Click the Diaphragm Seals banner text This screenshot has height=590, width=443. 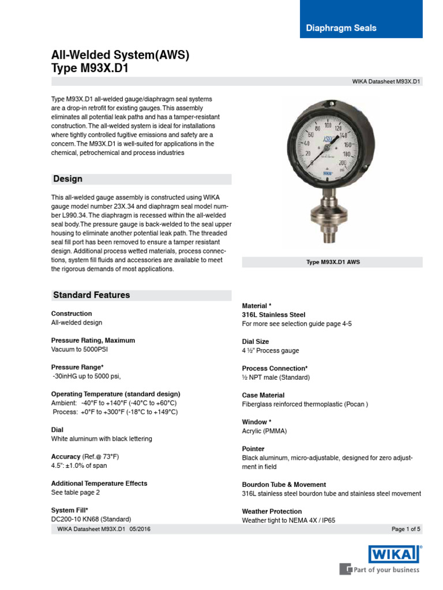[x=341, y=28]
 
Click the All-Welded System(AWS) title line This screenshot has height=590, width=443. [x=120, y=56]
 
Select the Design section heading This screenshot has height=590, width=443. [x=67, y=179]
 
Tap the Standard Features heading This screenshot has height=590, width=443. [x=91, y=295]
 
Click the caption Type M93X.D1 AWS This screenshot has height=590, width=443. [x=332, y=262]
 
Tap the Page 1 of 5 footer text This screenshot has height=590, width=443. [x=406, y=529]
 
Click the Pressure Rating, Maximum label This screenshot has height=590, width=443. [x=93, y=341]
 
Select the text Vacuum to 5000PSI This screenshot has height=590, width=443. [x=81, y=350]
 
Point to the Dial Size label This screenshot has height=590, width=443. [x=256, y=342]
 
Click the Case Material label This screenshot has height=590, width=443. [x=263, y=395]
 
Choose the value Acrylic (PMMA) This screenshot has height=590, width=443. [x=264, y=431]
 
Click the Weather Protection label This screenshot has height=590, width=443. [x=272, y=511]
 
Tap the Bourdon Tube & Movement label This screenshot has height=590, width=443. [x=284, y=485]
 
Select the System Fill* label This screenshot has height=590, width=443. [x=70, y=510]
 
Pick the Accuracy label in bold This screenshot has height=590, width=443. [x=65, y=456]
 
